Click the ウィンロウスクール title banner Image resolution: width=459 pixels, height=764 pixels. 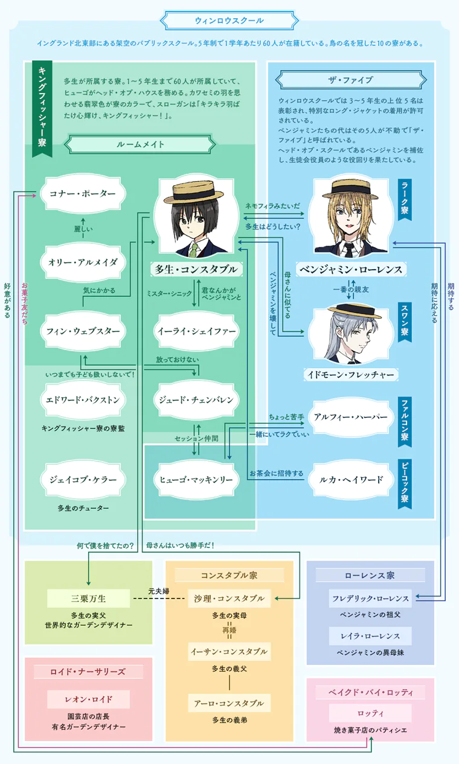tap(229, 21)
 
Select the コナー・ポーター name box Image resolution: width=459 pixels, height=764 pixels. tap(83, 194)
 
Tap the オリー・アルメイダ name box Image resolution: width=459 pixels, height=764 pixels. tap(83, 262)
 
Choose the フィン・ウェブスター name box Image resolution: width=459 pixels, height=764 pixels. tap(83, 331)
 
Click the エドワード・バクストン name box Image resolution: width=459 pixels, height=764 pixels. tap(83, 400)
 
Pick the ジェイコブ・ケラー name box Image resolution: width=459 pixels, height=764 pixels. tap(83, 480)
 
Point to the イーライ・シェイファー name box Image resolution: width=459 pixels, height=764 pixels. tap(196, 331)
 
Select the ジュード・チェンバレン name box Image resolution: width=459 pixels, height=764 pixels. tap(196, 400)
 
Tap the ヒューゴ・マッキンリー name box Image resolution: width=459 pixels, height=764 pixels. tap(196, 480)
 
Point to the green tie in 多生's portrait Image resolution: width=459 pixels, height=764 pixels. tap(194, 248)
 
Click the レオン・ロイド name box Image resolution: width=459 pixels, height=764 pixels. tap(88, 699)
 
